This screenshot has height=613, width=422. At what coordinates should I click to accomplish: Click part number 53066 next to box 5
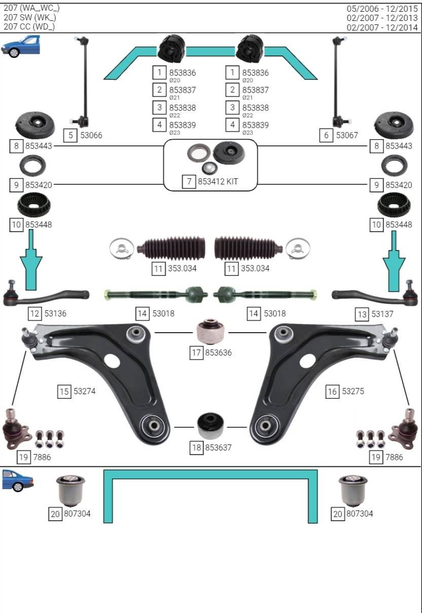point(91,135)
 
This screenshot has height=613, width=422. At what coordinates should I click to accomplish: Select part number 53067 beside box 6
point(347,135)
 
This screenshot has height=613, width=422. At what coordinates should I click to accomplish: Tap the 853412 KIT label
point(218,181)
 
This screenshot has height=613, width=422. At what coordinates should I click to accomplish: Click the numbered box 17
point(196,352)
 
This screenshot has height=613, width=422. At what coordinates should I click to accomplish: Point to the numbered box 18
point(196,448)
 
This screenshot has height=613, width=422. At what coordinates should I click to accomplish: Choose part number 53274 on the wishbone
point(85,391)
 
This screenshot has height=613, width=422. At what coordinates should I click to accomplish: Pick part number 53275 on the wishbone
point(353,391)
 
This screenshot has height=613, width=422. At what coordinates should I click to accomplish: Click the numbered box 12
point(34,313)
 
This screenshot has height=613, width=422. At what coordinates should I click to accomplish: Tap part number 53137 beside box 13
point(382,314)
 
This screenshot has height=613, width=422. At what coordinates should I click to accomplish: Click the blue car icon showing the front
point(20,46)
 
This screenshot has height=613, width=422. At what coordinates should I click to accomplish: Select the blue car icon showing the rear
point(17,480)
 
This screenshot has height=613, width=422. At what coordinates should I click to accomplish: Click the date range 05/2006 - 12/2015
point(382,9)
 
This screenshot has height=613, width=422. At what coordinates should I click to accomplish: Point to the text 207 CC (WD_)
point(29,26)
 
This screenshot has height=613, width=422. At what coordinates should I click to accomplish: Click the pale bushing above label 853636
point(210,331)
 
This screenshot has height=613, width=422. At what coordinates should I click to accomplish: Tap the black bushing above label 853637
point(210,426)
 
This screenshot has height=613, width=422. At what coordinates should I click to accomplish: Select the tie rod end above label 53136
point(46,294)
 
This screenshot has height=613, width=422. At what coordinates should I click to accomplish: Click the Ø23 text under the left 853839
point(174,133)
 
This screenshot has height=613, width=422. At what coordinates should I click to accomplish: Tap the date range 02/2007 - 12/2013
point(382,18)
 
